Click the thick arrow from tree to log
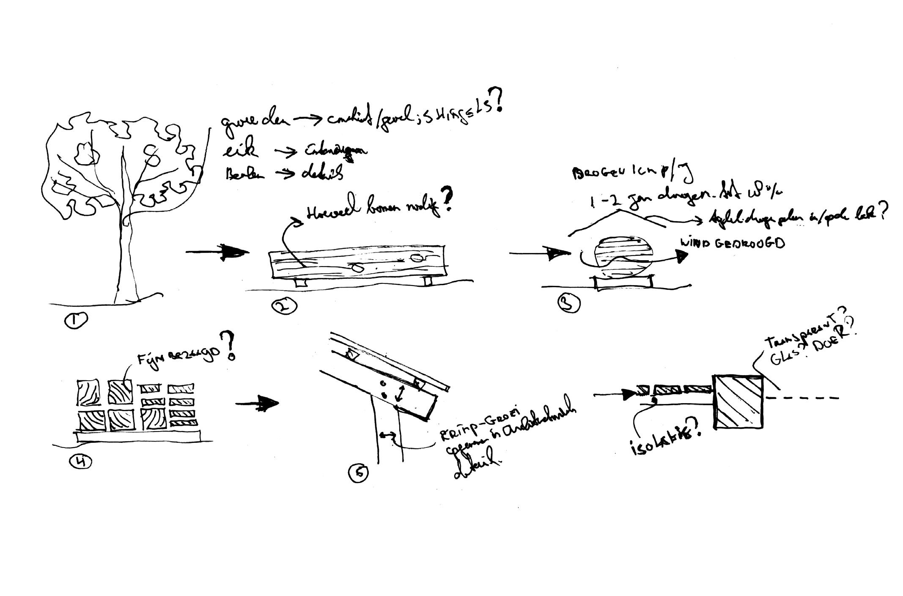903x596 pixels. (218, 253)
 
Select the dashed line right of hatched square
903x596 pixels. (801, 398)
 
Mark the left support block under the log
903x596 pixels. (302, 283)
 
